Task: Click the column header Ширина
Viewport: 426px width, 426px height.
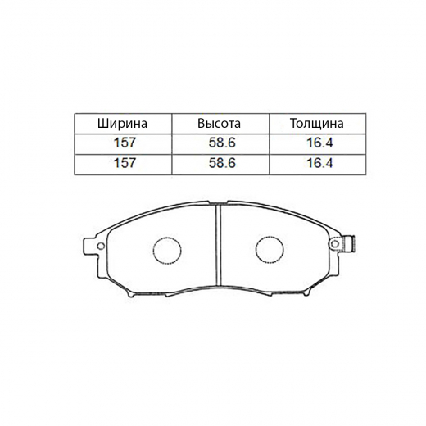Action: [122, 124]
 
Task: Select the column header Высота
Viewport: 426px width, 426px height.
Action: [220, 124]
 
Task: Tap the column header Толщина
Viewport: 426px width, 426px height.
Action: [317, 124]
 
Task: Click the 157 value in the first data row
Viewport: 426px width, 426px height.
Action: [125, 143]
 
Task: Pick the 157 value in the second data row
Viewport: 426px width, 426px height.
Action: [125, 163]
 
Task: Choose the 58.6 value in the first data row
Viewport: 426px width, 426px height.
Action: [222, 143]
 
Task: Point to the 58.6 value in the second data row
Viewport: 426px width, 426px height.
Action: [222, 163]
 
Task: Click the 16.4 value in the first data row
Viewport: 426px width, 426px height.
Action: [319, 143]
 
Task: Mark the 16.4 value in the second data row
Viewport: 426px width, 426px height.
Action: [319, 163]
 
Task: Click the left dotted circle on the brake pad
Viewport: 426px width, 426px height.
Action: [167, 237]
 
